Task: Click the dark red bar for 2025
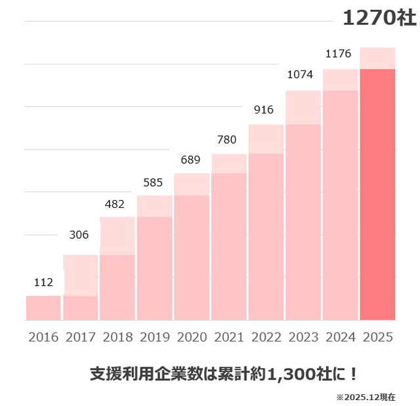click(378, 194)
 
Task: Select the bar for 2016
click(43, 308)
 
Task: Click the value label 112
click(43, 283)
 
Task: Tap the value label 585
click(154, 181)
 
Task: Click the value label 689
click(190, 160)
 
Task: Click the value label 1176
click(339, 52)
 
